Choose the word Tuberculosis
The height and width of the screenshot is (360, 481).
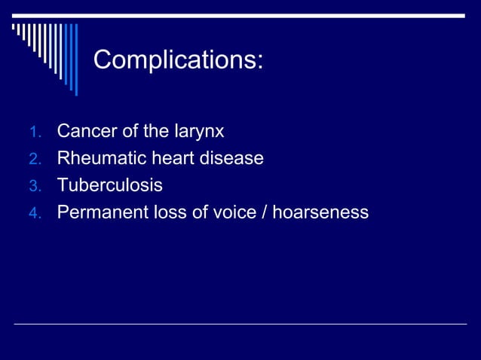(x=109, y=185)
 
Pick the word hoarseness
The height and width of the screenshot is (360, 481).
(x=320, y=212)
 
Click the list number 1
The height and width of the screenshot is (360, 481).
(x=33, y=133)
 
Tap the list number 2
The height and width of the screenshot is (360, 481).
(x=33, y=160)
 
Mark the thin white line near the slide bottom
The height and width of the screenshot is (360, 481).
(x=240, y=324)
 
